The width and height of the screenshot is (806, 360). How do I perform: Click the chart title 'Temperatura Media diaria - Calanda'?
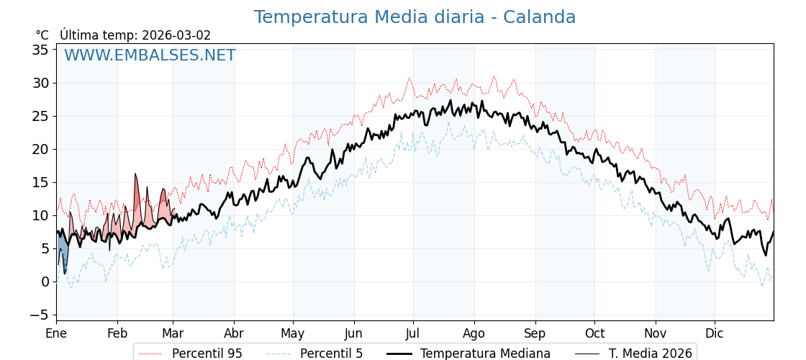pos(415,17)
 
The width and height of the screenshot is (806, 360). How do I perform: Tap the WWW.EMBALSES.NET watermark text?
pos(150,55)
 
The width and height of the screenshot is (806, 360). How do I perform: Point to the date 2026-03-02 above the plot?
pos(176,35)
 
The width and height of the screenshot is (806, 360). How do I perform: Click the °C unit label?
pos(42,35)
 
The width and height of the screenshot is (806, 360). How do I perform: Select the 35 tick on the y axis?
pos(40,50)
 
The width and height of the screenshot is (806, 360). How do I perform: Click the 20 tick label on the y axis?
pos(40,149)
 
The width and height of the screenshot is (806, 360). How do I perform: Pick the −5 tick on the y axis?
pos(38,315)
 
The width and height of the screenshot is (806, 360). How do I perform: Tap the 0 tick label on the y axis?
pos(45,282)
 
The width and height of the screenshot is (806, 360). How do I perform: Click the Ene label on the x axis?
pos(56,333)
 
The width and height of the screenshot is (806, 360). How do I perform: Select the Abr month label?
pos(234,333)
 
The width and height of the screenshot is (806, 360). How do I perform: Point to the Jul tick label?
pos(413,333)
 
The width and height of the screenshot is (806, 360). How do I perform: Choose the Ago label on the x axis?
pos(474,333)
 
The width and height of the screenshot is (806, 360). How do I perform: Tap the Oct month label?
pos(594,333)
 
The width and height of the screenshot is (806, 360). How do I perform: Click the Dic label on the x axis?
pos(715,333)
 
